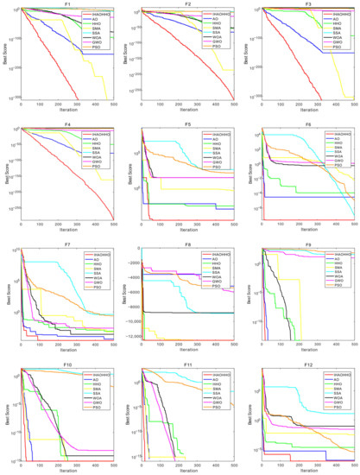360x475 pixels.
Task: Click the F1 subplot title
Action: pos(66,4)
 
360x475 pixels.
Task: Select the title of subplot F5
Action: pos(187,123)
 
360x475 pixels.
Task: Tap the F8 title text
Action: pos(187,244)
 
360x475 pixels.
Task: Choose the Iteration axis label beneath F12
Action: pos(308,471)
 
